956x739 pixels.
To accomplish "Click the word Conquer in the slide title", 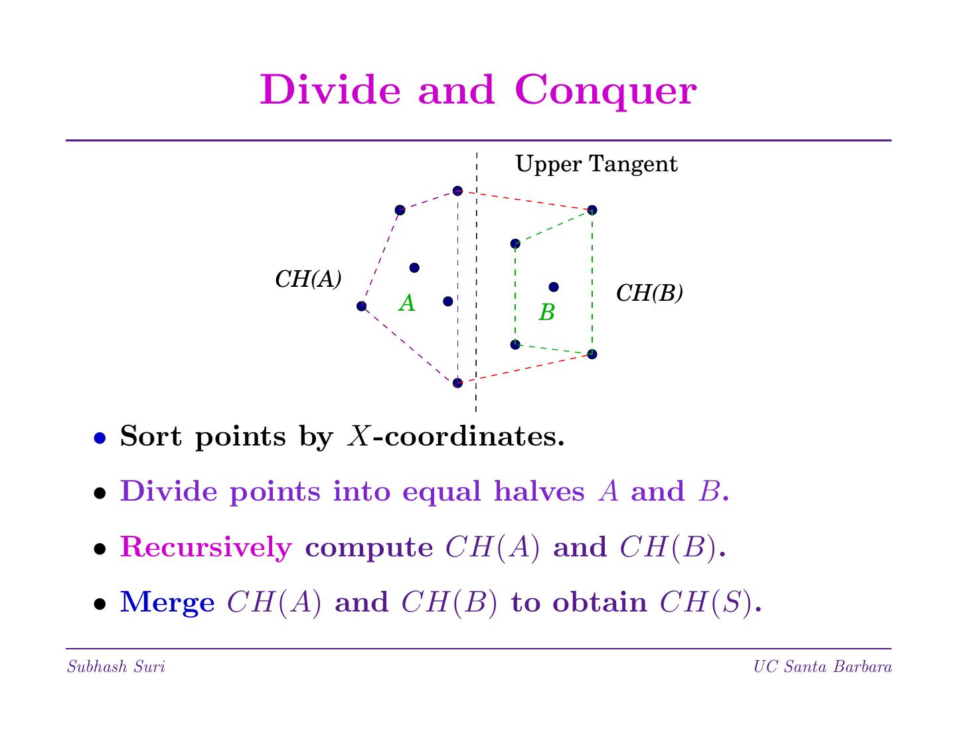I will (605, 91).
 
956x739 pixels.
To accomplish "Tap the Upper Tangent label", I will (596, 164).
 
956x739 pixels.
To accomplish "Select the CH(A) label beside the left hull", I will (308, 280).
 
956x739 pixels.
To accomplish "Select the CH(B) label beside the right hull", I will (649, 293).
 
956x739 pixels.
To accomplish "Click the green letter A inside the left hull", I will (407, 303).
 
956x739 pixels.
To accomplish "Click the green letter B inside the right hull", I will (546, 312).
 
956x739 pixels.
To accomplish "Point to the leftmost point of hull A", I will (361, 306).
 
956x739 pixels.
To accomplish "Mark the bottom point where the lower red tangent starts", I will (457, 383).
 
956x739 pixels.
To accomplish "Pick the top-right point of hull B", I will (592, 210).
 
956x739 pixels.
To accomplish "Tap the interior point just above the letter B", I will (554, 287).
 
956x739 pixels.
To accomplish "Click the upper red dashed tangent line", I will (524, 201).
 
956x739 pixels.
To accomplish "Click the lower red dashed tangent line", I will (524, 369).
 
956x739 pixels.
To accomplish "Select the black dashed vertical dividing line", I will (476, 279).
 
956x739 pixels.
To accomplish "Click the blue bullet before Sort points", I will (100, 438).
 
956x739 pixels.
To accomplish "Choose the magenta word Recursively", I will (206, 548).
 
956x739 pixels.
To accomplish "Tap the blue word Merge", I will (167, 603).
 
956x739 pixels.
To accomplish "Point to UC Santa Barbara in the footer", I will (823, 667).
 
